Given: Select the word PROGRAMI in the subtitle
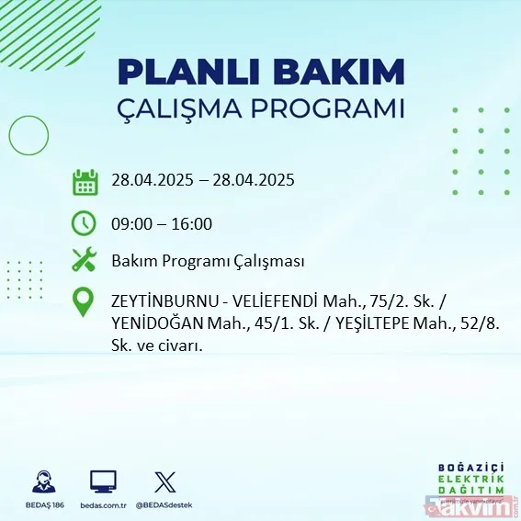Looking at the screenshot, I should (x=330, y=108).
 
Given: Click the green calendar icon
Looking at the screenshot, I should (x=85, y=181).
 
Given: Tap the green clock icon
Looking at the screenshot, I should (x=84, y=222).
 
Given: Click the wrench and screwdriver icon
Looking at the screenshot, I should (x=85, y=261).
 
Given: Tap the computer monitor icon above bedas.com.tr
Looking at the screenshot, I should (x=102, y=481).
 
